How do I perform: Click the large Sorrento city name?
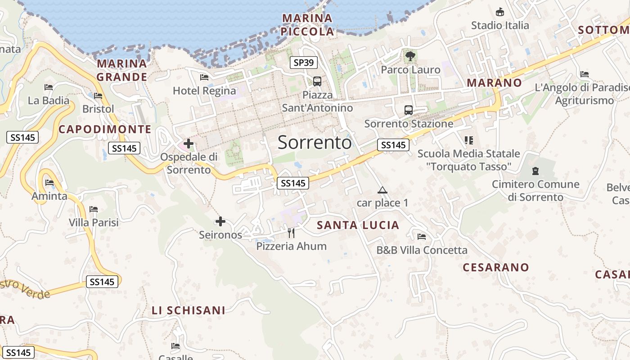pyautogui.click(x=315, y=142)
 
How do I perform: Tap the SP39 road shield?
pyautogui.click(x=303, y=63)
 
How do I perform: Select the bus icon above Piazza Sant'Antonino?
pyautogui.click(x=317, y=81)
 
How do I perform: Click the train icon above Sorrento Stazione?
pyautogui.click(x=409, y=110)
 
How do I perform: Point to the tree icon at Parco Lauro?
pyautogui.click(x=410, y=56)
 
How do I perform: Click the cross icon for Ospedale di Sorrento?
pyautogui.click(x=189, y=144)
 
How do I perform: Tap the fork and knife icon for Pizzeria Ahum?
pyautogui.click(x=291, y=233)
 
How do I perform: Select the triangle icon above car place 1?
pyautogui.click(x=382, y=190)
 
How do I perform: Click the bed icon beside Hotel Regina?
pyautogui.click(x=204, y=77)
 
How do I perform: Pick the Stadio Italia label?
pyautogui.click(x=500, y=25)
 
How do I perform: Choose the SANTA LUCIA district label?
pyautogui.click(x=358, y=225)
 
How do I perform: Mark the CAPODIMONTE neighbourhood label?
pyautogui.click(x=105, y=130)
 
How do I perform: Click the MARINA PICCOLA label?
pyautogui.click(x=307, y=25)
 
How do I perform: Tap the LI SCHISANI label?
pyautogui.click(x=189, y=310)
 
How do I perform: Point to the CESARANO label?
pyautogui.click(x=496, y=267)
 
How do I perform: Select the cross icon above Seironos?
pyautogui.click(x=220, y=221)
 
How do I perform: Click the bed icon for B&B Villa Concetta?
pyautogui.click(x=422, y=237)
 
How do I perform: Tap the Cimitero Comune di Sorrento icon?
pyautogui.click(x=535, y=171)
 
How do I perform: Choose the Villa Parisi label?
pyautogui.click(x=94, y=222)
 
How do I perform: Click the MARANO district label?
pyautogui.click(x=494, y=83)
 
